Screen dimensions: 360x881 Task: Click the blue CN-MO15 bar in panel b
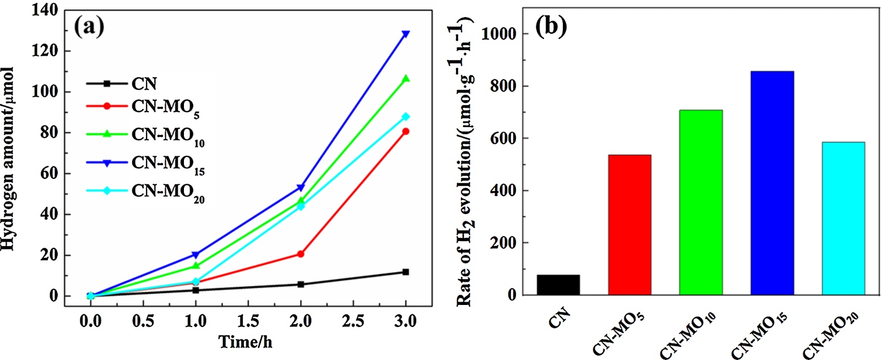click(772, 183)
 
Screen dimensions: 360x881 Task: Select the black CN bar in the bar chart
click(558, 285)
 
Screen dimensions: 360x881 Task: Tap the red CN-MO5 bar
click(629, 225)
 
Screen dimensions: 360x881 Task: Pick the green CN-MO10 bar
click(700, 202)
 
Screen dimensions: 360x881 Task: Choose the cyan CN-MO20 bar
click(843, 218)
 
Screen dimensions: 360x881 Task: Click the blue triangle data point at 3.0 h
click(406, 34)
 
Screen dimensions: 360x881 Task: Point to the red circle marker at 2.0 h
click(301, 254)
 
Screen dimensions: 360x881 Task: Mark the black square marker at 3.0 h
click(406, 272)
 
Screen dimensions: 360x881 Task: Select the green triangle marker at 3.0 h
click(406, 79)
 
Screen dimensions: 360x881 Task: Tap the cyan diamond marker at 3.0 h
click(406, 117)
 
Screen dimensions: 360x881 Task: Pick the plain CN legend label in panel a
click(144, 84)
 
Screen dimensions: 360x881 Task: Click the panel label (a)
click(89, 26)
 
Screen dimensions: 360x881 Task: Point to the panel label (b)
click(551, 26)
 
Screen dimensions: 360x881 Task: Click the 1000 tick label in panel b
click(499, 34)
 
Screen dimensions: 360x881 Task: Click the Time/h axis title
click(246, 342)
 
